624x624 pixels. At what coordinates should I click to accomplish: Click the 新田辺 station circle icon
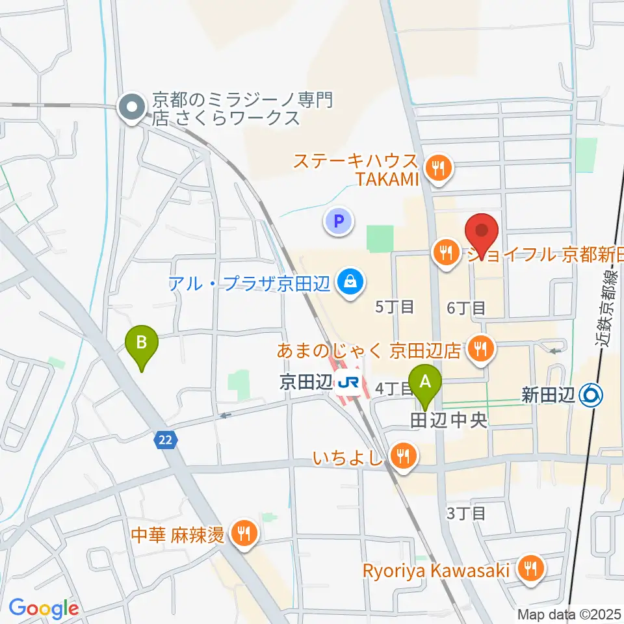tap(592, 395)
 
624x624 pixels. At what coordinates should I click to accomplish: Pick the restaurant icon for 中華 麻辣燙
tap(245, 535)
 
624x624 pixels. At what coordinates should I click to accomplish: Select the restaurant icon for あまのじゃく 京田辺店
tap(481, 350)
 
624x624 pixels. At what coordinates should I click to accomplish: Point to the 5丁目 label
tap(395, 307)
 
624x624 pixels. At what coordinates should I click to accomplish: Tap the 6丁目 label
tap(466, 307)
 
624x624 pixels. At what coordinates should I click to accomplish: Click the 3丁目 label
tap(466, 513)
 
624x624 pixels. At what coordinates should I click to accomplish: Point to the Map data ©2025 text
tap(568, 614)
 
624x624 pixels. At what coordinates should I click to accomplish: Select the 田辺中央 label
tap(448, 421)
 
